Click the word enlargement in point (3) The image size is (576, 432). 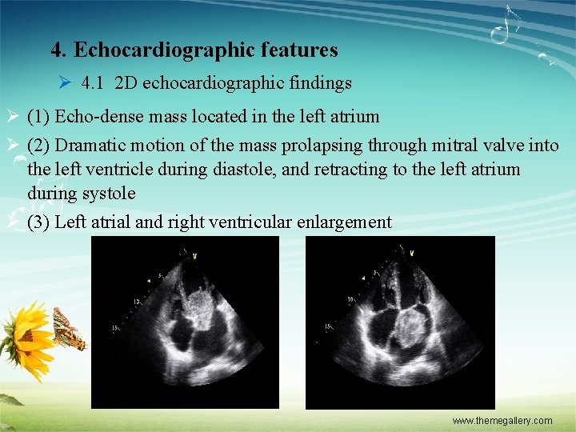click(345, 222)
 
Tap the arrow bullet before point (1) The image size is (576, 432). click(12, 117)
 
